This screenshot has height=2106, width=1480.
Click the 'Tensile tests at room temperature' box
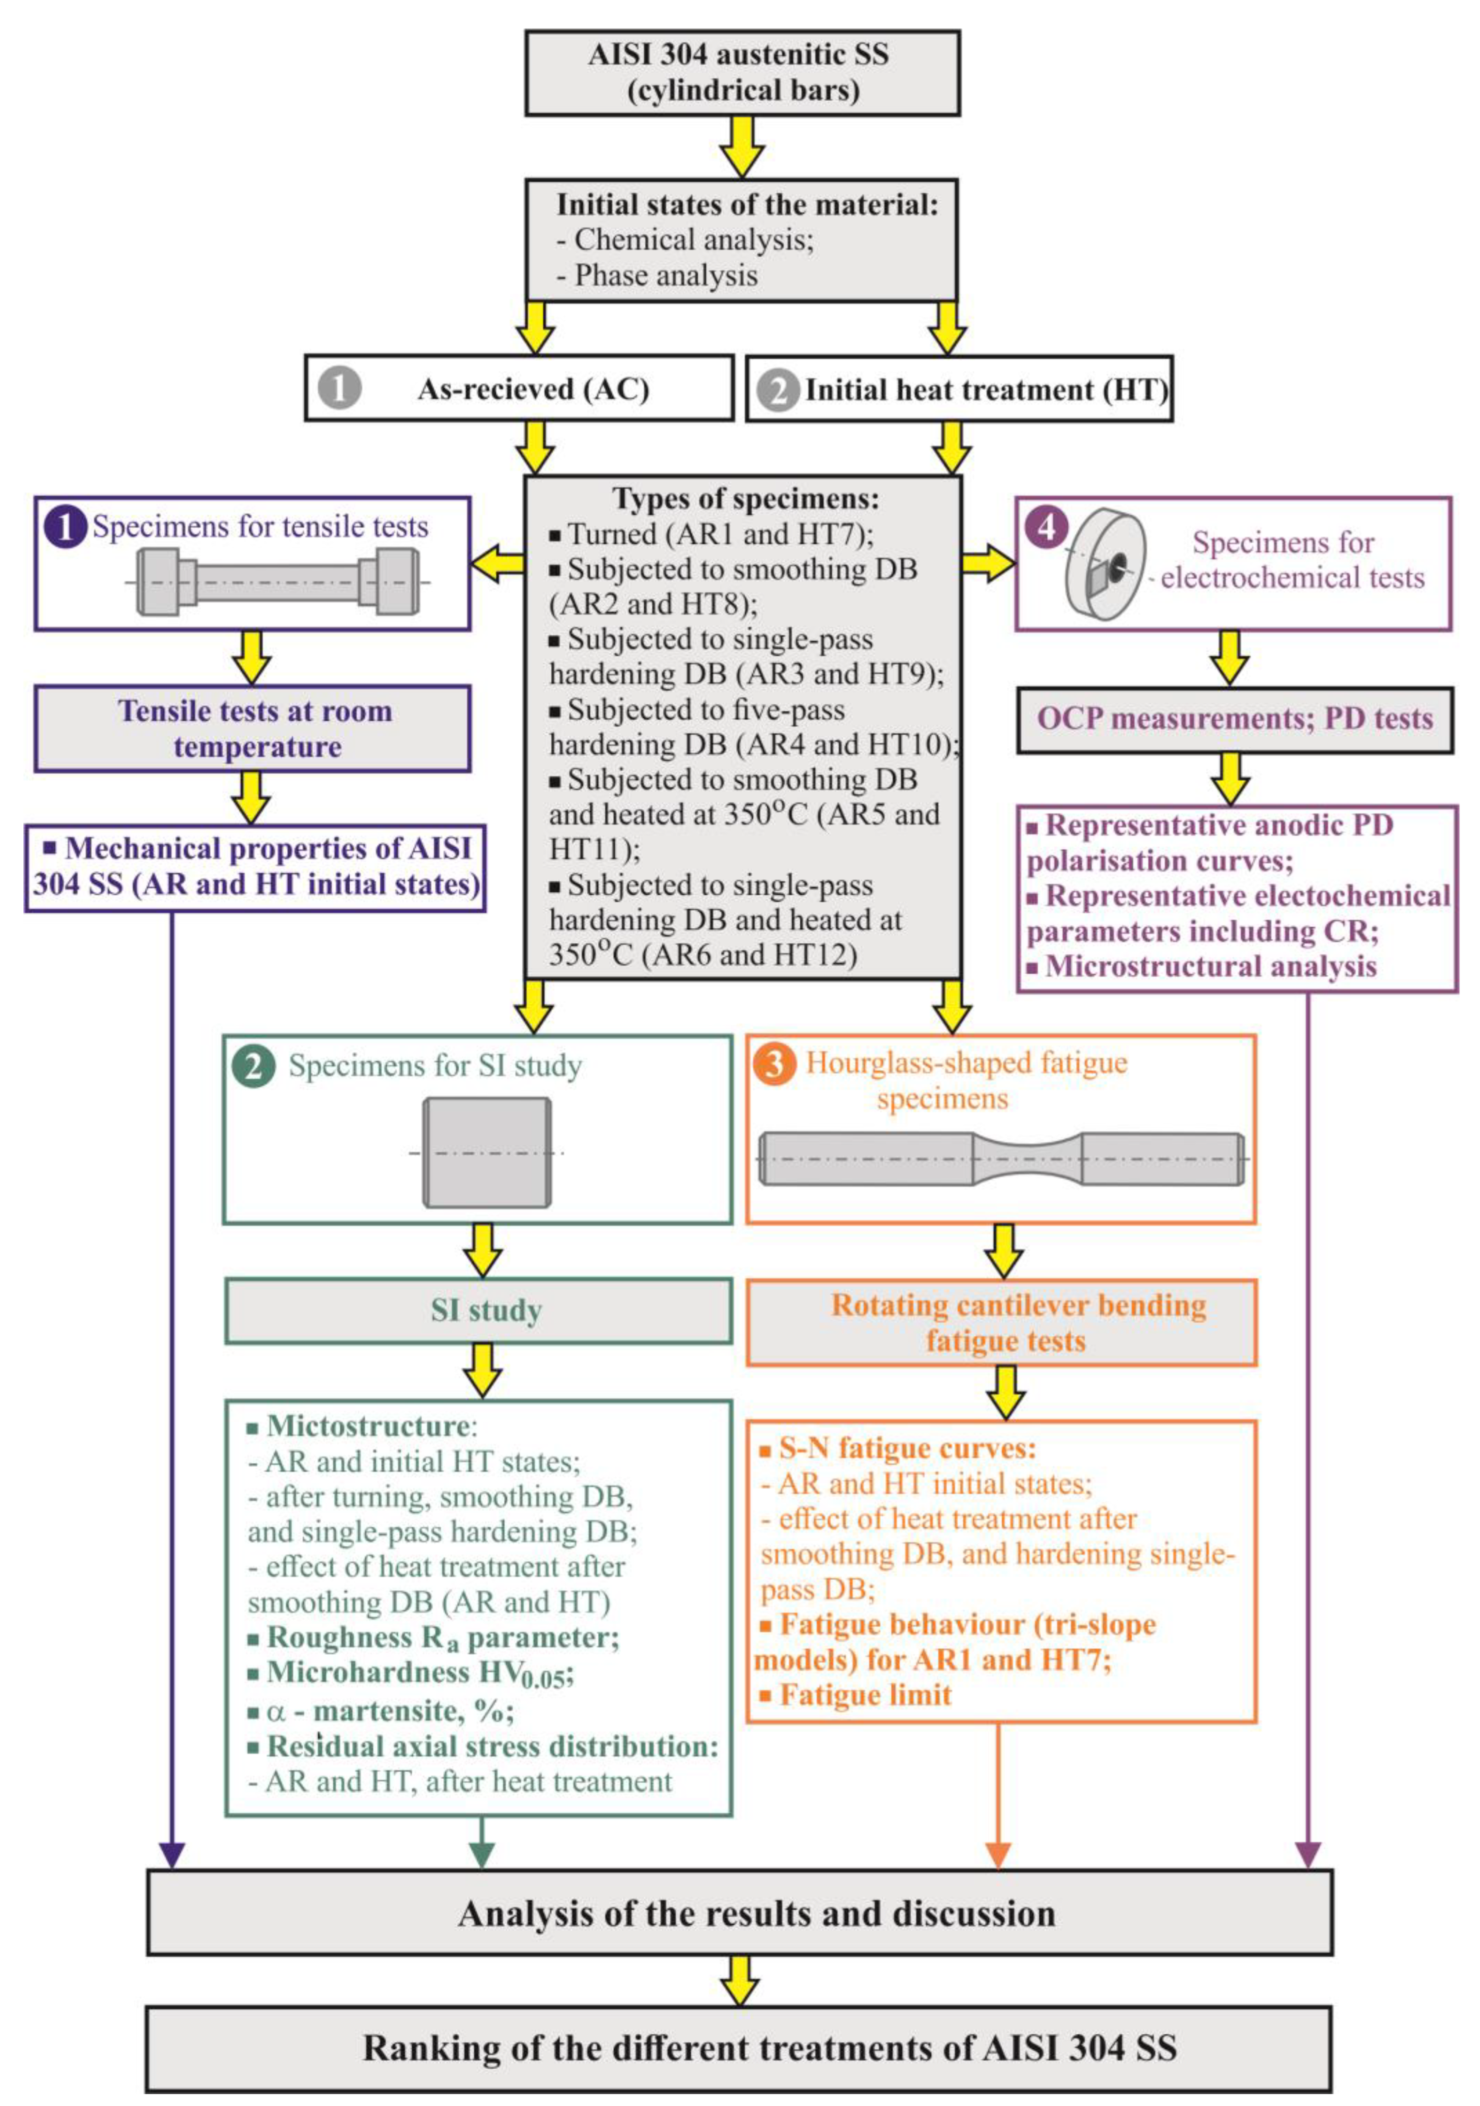coord(253,728)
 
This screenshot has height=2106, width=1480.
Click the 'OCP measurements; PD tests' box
coord(1234,719)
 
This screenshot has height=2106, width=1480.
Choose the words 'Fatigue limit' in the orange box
coord(865,1695)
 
